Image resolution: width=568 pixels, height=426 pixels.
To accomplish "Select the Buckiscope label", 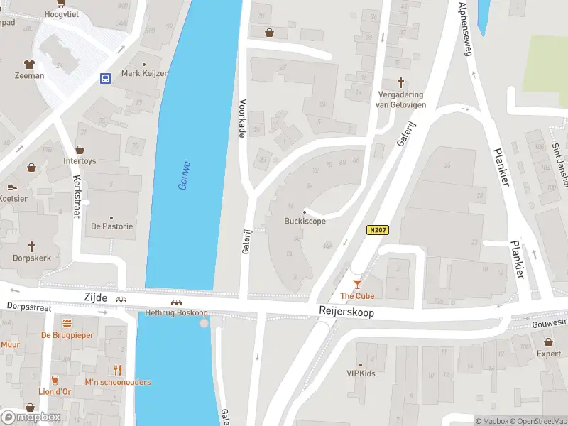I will click(x=305, y=221).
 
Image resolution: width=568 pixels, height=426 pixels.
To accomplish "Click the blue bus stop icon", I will click(x=106, y=78).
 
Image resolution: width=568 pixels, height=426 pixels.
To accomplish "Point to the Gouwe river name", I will click(x=185, y=175).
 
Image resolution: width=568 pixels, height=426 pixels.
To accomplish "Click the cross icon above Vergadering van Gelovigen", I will click(x=399, y=82).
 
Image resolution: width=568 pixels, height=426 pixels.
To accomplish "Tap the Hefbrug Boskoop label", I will click(x=175, y=312).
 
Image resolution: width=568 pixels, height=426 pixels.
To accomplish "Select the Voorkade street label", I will click(x=242, y=117).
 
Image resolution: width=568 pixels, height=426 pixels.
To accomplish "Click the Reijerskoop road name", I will click(x=346, y=312).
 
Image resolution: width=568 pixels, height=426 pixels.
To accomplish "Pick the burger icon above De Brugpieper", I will click(x=67, y=323).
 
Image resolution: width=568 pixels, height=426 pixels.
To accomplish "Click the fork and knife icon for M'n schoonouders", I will click(x=118, y=370).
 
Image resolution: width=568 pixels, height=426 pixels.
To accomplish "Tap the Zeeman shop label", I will click(x=30, y=75).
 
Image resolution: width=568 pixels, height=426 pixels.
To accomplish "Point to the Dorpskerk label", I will click(x=32, y=258).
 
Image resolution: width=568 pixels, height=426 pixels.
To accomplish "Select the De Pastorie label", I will click(x=111, y=226).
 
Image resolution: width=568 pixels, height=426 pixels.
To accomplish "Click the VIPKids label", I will click(x=361, y=373).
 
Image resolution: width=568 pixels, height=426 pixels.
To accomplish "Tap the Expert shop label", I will click(x=548, y=353).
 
